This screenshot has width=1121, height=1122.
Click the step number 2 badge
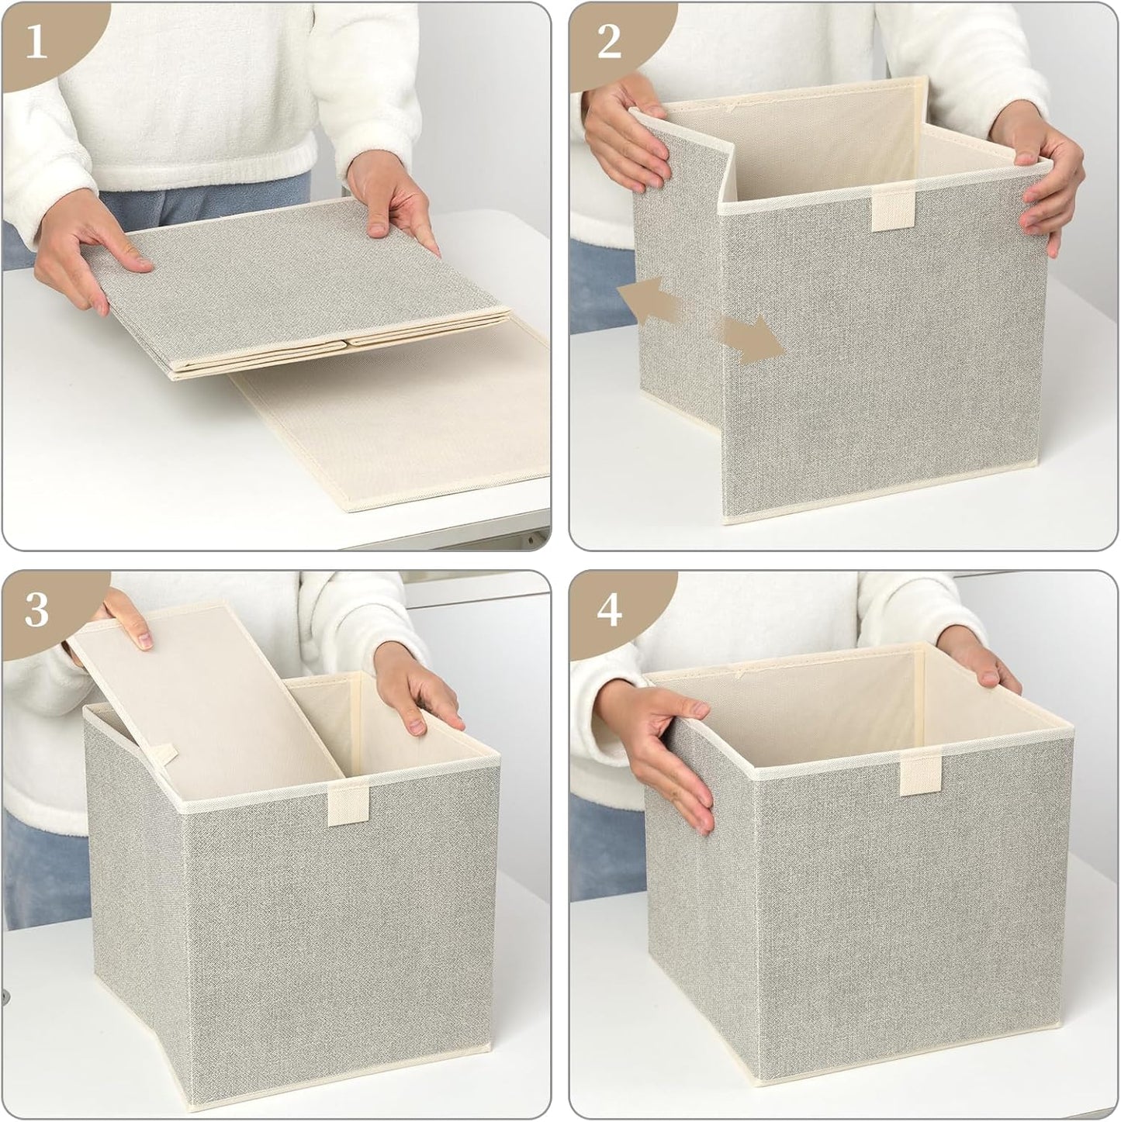coord(609,43)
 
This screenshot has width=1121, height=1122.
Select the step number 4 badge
coord(609,611)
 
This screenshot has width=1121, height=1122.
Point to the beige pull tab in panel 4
coord(916,775)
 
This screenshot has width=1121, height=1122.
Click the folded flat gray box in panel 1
coord(295,287)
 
